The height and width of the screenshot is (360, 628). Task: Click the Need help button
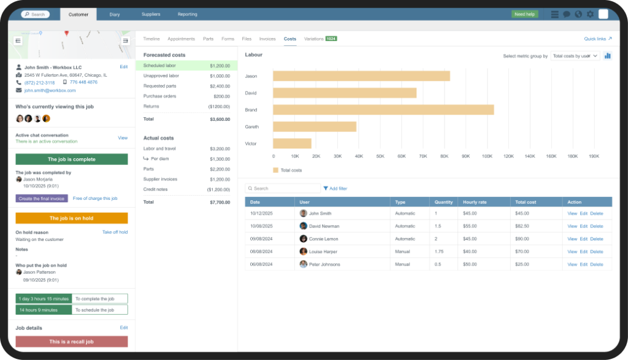(x=524, y=14)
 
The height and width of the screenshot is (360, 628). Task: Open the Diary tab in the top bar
(x=115, y=14)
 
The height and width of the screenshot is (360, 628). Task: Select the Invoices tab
(x=267, y=39)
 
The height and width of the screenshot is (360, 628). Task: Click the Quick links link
(x=598, y=39)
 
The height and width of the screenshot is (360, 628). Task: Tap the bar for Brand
(x=383, y=110)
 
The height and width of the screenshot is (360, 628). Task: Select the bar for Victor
(x=292, y=144)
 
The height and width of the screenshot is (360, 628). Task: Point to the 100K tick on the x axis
(x=487, y=156)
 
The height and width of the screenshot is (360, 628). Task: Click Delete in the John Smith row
(x=596, y=213)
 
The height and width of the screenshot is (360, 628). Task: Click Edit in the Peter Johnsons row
(x=584, y=264)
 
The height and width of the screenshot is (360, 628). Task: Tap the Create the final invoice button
(x=42, y=199)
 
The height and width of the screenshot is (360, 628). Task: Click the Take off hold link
(x=115, y=232)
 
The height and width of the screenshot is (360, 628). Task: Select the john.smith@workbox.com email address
(x=50, y=90)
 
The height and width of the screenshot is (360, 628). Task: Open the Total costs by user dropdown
(x=575, y=56)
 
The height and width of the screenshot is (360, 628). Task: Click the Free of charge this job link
(x=95, y=199)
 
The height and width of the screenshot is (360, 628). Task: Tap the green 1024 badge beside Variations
(x=331, y=39)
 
